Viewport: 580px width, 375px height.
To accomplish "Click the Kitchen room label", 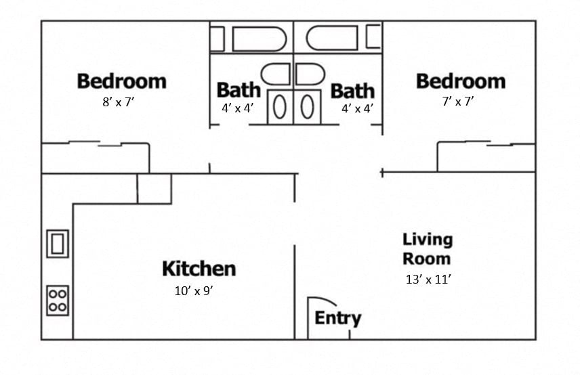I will (x=199, y=269).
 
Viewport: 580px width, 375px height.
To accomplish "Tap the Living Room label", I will (x=427, y=248).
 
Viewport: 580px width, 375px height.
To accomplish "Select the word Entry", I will (x=337, y=318).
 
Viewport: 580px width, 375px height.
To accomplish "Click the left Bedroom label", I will (x=121, y=81).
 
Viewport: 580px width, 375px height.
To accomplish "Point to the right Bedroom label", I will (x=460, y=81).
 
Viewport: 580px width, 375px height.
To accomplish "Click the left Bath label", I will (x=238, y=90).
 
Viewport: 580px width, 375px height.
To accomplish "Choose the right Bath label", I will (x=352, y=90).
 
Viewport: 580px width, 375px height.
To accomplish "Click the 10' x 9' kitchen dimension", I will (x=194, y=292).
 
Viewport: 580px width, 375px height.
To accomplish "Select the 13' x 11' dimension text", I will (x=428, y=279).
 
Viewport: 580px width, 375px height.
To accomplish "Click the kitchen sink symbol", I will (x=58, y=243).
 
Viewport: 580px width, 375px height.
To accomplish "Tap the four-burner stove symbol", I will (x=58, y=300).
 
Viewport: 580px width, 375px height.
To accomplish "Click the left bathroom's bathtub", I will (x=250, y=39).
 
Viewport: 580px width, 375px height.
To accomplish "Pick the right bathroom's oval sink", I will (x=307, y=106).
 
